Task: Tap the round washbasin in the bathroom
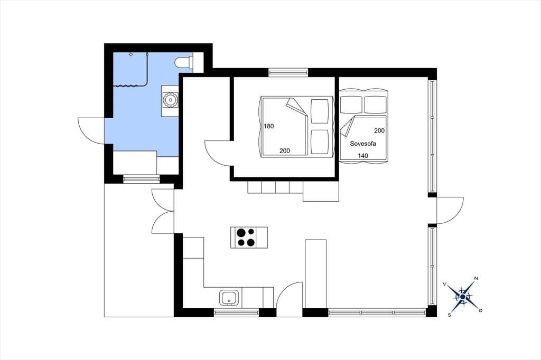(x=170, y=100)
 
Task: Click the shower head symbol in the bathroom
(x=131, y=54)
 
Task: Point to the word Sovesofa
(x=363, y=144)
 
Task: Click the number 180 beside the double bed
(x=269, y=126)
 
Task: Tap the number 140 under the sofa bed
(x=362, y=156)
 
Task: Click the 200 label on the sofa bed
(x=379, y=131)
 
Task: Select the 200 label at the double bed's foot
(x=285, y=150)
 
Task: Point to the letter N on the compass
(x=476, y=278)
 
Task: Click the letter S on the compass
(x=449, y=315)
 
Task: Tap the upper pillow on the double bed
(x=320, y=111)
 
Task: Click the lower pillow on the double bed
(x=320, y=141)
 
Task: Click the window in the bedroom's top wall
(x=288, y=72)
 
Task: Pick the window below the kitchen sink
(x=236, y=312)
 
